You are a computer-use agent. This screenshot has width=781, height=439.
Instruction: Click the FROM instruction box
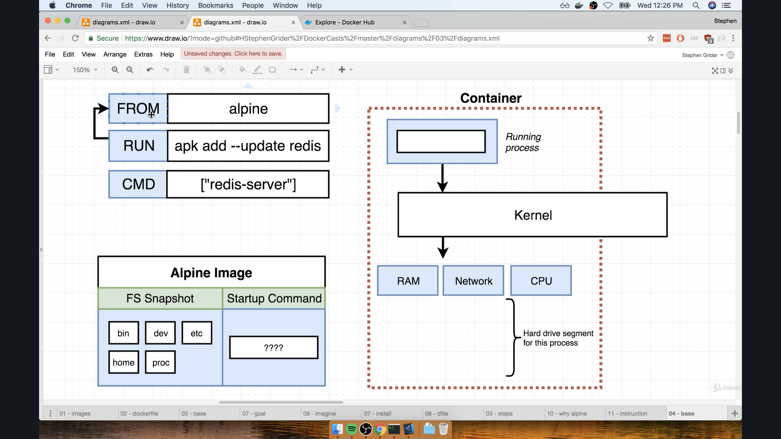click(138, 109)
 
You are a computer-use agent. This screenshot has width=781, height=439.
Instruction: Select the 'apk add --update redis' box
click(248, 146)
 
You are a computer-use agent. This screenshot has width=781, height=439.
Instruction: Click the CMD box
click(138, 185)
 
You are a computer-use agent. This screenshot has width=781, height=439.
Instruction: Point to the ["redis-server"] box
click(248, 185)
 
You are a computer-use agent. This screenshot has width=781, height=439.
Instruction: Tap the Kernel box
click(532, 215)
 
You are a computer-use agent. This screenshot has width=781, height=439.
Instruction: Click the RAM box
click(408, 281)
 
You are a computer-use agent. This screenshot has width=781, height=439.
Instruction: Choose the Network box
click(473, 281)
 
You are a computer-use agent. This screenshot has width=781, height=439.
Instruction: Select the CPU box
click(541, 281)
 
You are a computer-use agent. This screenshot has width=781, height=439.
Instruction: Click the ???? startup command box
click(273, 348)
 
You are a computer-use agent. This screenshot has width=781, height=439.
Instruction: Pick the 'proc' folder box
click(161, 363)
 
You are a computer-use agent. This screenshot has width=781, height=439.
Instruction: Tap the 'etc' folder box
click(196, 333)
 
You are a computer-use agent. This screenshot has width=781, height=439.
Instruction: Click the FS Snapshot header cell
click(160, 299)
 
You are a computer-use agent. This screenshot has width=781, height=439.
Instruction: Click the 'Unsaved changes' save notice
click(233, 54)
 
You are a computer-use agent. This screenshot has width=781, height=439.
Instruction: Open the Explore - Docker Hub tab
click(345, 22)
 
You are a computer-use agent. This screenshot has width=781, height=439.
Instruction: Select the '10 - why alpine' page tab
click(567, 413)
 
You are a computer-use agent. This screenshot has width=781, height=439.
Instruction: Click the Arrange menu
click(115, 54)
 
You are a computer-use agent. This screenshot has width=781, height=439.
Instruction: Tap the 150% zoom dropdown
click(85, 70)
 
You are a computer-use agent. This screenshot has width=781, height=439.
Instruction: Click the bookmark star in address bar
click(650, 38)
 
